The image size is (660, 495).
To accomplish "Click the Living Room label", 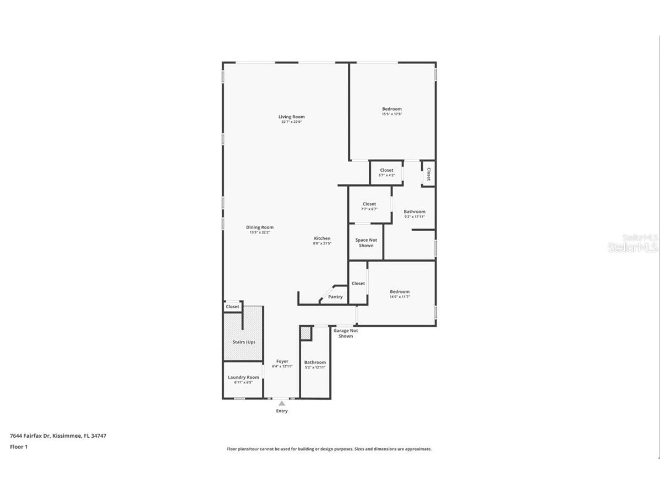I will (291, 117).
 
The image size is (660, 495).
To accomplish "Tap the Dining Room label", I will (259, 227).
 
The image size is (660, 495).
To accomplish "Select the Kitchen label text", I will (322, 238).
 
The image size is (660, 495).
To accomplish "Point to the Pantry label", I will (335, 297).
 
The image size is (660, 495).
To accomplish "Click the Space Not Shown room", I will (366, 242).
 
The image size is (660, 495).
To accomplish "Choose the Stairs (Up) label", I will (243, 342).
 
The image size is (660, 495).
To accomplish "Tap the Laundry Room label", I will (243, 377).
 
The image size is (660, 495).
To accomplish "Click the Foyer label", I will (282, 362).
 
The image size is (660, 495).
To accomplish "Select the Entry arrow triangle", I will (282, 404).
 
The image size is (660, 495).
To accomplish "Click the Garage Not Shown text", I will (346, 333).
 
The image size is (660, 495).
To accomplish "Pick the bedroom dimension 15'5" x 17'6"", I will (392, 114).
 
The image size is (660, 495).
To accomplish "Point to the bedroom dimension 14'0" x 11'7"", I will (400, 297).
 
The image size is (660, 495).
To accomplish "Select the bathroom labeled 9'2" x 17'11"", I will (414, 214).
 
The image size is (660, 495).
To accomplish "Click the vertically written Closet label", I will (428, 174).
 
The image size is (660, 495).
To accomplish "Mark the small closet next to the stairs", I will (232, 307).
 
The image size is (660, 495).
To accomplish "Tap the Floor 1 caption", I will (19, 447).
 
